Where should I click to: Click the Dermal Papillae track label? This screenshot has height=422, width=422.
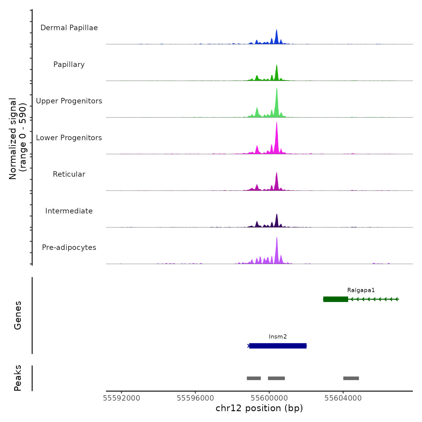[x=69, y=28]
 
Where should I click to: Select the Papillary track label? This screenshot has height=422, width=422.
[x=69, y=65]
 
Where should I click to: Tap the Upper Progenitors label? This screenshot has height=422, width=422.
[x=69, y=101]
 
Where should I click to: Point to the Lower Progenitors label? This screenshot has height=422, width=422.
[x=69, y=138]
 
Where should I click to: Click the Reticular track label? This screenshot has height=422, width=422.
[x=69, y=174]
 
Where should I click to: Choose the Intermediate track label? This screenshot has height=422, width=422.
[x=69, y=211]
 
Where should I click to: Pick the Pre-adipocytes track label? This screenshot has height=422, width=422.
[x=69, y=247]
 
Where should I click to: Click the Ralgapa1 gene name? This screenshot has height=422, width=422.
[x=361, y=290]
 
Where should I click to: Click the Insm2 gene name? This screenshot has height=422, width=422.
[x=278, y=337]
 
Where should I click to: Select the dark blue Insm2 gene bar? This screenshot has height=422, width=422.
[x=278, y=346]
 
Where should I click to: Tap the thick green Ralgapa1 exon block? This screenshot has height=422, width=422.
[x=335, y=299]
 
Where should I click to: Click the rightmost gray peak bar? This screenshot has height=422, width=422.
[x=351, y=378]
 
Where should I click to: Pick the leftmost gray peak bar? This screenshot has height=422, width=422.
[x=254, y=378]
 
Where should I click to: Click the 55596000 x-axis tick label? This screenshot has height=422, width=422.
[x=195, y=398]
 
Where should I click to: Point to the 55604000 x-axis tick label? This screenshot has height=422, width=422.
[x=343, y=398]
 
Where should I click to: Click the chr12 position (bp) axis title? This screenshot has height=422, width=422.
[x=259, y=408]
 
